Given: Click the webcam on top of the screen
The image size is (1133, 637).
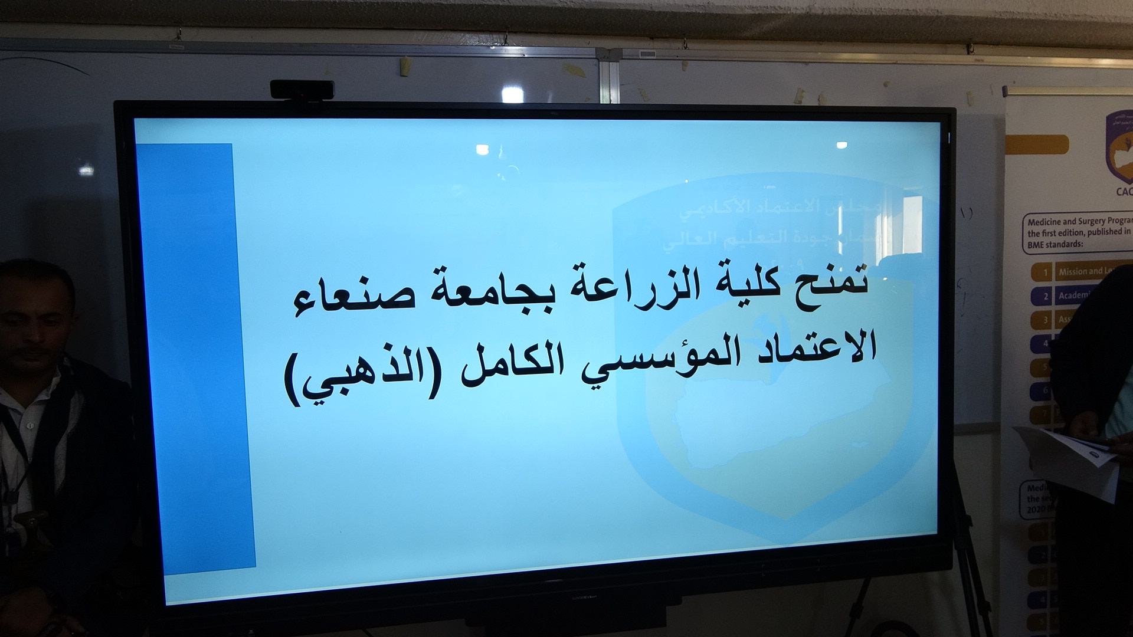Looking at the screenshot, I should (x=302, y=90).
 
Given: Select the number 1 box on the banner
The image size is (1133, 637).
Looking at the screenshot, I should (x=1044, y=272).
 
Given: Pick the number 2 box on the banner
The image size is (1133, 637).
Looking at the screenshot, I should (x=1044, y=295).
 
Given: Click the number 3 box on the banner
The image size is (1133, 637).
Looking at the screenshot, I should (x=1044, y=320).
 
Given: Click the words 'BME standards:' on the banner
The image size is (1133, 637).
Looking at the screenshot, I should (x=1055, y=244).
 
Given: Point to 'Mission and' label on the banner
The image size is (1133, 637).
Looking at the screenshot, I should (x=1080, y=271).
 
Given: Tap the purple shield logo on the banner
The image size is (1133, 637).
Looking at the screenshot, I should (x=1119, y=147).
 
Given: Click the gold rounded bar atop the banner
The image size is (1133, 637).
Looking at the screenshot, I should (x=1037, y=145).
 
